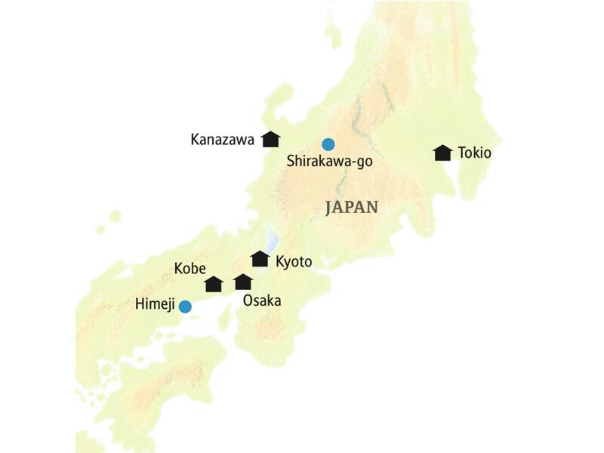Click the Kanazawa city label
pyautogui.click(x=222, y=140)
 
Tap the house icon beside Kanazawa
pyautogui.click(x=270, y=139)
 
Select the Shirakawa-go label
pyautogui.click(x=330, y=160)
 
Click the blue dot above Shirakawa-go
pyautogui.click(x=328, y=143)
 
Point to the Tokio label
pyautogui.click(x=474, y=153)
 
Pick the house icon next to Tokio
pyautogui.click(x=442, y=153)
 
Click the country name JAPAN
pyautogui.click(x=351, y=208)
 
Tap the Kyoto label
pyautogui.click(x=294, y=261)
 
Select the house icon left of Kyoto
pyautogui.click(x=260, y=259)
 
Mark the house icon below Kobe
pyautogui.click(x=214, y=284)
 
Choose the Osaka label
pyautogui.click(x=261, y=300)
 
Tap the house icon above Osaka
pyautogui.click(x=242, y=282)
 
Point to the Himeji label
pyautogui.click(x=154, y=306)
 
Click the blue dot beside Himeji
pyautogui.click(x=184, y=306)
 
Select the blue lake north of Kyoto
pyautogui.click(x=273, y=241)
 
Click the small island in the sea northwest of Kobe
pyautogui.click(x=114, y=217)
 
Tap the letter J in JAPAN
pyautogui.click(x=329, y=208)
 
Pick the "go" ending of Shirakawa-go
pyautogui.click(x=364, y=161)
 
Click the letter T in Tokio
pyautogui.click(x=461, y=153)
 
